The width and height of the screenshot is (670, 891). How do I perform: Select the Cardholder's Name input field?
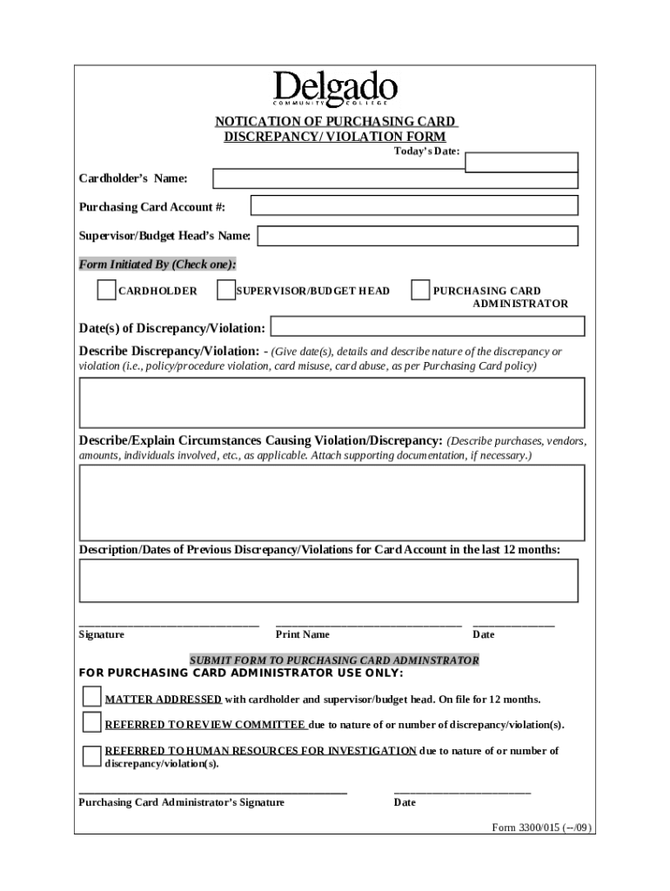tap(395, 178)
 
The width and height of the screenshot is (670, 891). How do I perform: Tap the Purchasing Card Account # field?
tap(414, 205)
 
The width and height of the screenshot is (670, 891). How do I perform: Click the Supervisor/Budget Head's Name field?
tap(418, 236)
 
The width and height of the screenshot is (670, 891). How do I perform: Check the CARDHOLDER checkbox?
tap(106, 290)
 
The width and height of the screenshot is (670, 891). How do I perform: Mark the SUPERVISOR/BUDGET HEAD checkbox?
tap(225, 290)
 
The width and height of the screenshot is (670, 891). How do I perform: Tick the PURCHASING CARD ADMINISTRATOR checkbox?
tap(420, 290)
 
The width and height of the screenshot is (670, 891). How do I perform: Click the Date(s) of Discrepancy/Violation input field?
tap(427, 326)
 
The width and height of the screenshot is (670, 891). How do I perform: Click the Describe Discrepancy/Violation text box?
tap(332, 403)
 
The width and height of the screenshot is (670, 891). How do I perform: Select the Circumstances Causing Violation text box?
tap(332, 503)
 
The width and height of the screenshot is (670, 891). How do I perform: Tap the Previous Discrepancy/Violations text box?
tap(329, 580)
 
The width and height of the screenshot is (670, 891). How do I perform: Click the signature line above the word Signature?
tap(169, 624)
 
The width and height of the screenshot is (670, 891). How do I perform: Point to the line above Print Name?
tap(368, 624)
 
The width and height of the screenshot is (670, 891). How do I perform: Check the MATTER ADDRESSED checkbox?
tap(91, 696)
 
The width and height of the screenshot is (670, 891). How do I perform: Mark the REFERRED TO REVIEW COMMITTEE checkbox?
tap(91, 721)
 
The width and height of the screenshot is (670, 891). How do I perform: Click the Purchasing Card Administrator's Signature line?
tap(212, 792)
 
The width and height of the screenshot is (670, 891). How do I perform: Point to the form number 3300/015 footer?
tap(541, 828)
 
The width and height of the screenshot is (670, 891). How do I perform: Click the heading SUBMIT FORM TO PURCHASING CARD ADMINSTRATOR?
tap(334, 660)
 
